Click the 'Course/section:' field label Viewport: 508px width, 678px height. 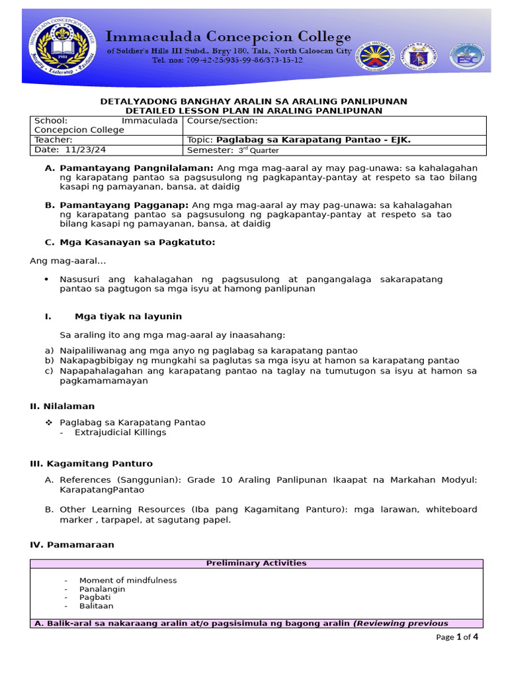[223, 121]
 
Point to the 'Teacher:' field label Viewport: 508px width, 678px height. [54, 140]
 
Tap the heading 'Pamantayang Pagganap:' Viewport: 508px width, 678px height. [124, 205]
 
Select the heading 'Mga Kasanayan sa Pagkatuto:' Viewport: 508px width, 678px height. [138, 242]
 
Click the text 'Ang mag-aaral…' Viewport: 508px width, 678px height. [68, 261]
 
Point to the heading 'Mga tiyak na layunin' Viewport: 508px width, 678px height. [128, 316]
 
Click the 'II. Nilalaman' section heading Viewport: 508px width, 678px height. [62, 406]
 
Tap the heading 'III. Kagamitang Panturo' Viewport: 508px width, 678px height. [91, 463]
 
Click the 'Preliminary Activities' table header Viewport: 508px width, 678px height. [256, 563]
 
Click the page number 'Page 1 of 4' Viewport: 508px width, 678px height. [457, 637]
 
